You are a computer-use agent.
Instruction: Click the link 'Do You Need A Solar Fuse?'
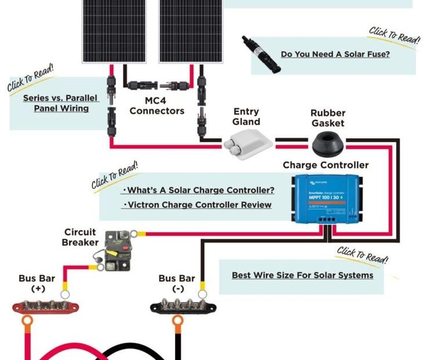pos(335,54)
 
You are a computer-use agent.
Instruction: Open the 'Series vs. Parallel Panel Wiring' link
pos(61,103)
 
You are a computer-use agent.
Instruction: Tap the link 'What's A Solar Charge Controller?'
pos(200,190)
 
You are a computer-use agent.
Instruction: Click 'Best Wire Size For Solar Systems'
pos(302,275)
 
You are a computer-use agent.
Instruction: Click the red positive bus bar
pos(42,305)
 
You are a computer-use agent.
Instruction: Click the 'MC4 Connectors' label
pos(157,106)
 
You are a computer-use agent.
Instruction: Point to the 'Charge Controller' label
pos(325,165)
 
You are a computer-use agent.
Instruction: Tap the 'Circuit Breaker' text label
pos(80,237)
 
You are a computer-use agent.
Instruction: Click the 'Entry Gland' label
pos(246,116)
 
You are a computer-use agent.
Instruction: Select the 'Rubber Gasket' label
pos(327,118)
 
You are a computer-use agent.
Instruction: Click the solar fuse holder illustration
pos(261,54)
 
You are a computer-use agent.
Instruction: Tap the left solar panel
pos(114,29)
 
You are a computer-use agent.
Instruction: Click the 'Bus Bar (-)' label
pos(176,283)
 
